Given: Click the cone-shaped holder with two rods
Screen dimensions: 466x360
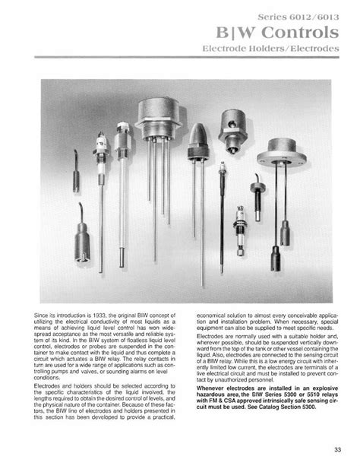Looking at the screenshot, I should [x=199, y=140].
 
